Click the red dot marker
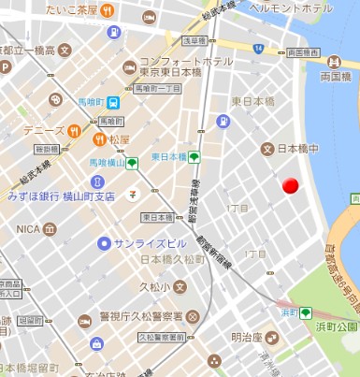pos(290,186)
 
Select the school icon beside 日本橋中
pos(267,149)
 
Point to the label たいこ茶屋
pos(72,11)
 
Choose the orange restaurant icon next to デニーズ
pos(74,131)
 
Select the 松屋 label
pos(119,139)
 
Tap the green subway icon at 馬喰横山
pos(133,163)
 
